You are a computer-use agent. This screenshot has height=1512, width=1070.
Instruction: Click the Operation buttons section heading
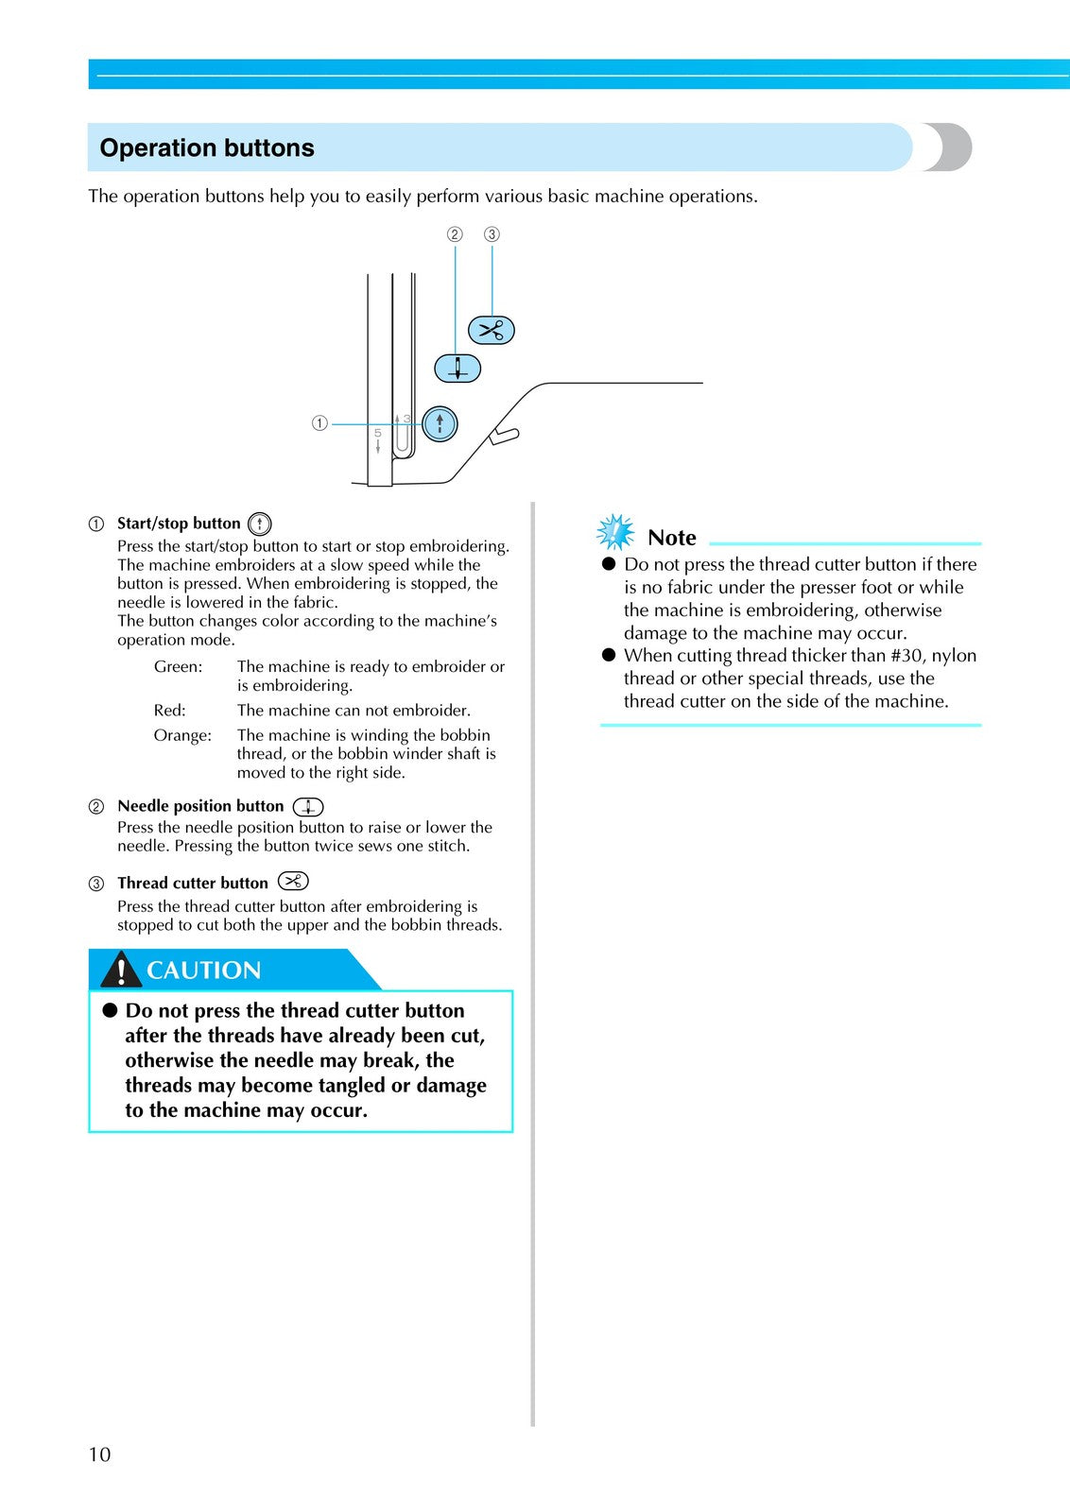[x=207, y=148]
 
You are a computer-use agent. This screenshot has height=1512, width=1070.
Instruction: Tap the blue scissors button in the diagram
[x=492, y=330]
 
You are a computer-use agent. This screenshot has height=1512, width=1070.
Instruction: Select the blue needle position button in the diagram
[x=457, y=368]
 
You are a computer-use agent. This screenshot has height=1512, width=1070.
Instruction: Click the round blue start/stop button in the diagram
[x=440, y=423]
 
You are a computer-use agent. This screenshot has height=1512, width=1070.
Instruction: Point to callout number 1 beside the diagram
[x=319, y=423]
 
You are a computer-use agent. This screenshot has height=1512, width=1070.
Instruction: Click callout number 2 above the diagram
[x=455, y=234]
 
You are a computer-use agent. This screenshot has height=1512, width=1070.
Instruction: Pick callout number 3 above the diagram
[x=492, y=234]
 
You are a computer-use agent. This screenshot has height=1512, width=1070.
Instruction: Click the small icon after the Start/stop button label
[x=259, y=524]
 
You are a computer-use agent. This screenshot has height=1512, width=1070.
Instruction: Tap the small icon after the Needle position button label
[x=307, y=806]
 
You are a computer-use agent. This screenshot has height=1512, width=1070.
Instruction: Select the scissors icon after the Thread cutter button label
[x=293, y=882]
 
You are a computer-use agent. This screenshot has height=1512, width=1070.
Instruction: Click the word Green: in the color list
[x=178, y=667]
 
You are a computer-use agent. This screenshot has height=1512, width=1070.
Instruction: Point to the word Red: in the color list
[x=169, y=711]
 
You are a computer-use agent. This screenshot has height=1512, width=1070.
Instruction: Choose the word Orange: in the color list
[x=182, y=735]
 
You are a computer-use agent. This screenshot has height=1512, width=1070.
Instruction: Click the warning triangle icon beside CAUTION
[x=121, y=970]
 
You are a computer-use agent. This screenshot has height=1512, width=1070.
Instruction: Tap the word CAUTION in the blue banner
[x=203, y=971]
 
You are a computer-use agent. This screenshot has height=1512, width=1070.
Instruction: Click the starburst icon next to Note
[x=615, y=533]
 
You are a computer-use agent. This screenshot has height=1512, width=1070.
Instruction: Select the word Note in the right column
[x=671, y=538]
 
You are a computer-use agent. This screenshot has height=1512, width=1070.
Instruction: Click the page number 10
[x=99, y=1454]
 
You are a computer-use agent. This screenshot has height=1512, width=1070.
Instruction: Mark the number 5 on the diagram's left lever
[x=377, y=433]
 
